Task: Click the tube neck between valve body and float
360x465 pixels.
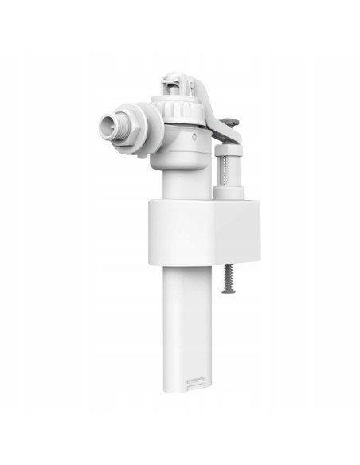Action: [180, 179]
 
